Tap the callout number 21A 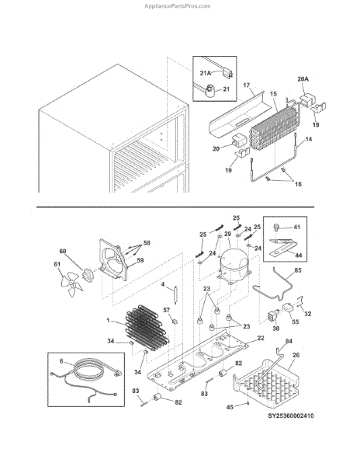[x=206, y=73]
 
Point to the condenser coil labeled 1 [x=147, y=328]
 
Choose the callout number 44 [x=298, y=255]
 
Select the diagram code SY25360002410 [x=291, y=416]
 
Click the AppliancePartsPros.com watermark [x=178, y=6]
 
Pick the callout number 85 [x=298, y=270]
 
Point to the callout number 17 [x=246, y=85]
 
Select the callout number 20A [x=303, y=79]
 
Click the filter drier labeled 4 [x=175, y=294]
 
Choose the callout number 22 [x=261, y=338]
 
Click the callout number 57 [x=167, y=310]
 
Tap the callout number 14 [x=309, y=139]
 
